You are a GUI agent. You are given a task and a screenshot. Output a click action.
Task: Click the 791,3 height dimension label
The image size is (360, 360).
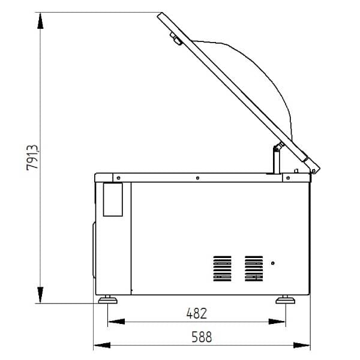pos(32,157)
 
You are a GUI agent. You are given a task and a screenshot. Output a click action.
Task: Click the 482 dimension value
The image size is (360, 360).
pos(197,313)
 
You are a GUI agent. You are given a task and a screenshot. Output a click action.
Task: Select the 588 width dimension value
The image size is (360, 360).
pos(202,337)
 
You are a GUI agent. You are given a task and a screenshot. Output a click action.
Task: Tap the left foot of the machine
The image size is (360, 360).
pos(107,299)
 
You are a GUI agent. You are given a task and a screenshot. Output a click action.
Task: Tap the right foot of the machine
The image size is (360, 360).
pos(286,299)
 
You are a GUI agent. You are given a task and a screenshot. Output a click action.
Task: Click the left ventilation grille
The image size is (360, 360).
pos(222,269)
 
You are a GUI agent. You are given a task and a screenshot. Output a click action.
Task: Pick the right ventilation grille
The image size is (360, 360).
pos(254,269)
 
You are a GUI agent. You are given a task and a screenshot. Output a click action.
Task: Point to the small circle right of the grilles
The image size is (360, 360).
pos(273,263)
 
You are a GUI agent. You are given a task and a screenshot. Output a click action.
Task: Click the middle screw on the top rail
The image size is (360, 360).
pos(197,178)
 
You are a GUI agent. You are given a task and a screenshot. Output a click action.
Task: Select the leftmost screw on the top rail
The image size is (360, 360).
pos(118,178)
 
